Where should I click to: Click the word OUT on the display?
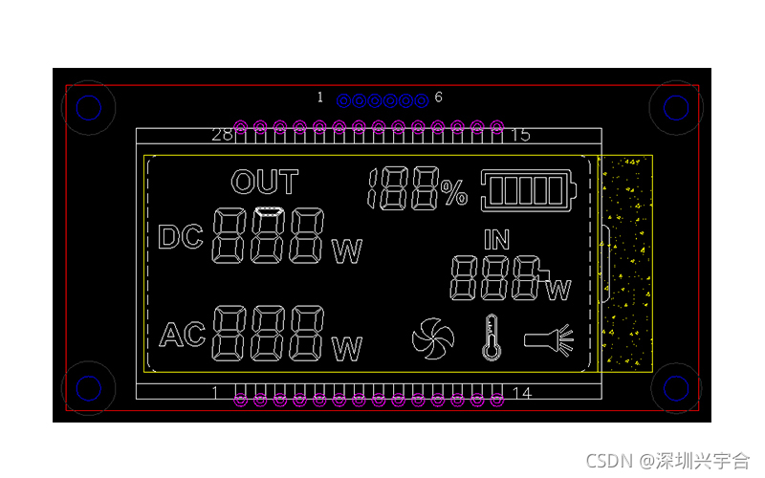click(x=265, y=183)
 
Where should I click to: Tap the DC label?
click(x=181, y=237)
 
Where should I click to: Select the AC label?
click(x=183, y=335)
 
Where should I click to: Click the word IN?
click(x=497, y=239)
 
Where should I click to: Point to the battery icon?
click(x=531, y=189)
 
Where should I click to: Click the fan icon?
click(x=432, y=337)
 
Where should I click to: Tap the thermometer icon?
click(x=492, y=337)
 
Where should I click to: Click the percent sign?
click(x=455, y=194)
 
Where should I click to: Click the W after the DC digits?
click(x=347, y=252)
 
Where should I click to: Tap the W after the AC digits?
click(x=347, y=350)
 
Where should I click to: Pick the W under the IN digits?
click(x=559, y=290)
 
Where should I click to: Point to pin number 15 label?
click(x=520, y=135)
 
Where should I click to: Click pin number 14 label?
click(x=522, y=393)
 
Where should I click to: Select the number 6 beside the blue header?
click(x=439, y=98)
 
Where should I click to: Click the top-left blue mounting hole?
click(x=88, y=108)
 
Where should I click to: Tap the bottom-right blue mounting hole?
click(x=676, y=388)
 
